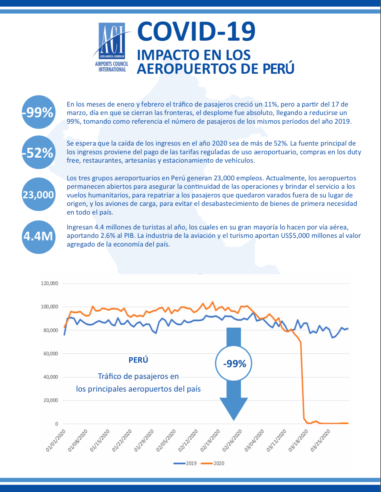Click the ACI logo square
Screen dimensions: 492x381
pyautogui.click(x=112, y=41)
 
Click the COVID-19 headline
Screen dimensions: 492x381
pyautogui.click(x=196, y=31)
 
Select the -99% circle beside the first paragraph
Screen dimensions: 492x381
pyautogui.click(x=38, y=112)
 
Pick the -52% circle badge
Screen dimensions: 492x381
pyautogui.click(x=38, y=152)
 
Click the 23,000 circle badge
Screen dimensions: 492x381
pyautogui.click(x=38, y=194)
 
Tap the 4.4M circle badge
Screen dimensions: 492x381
pyautogui.click(x=38, y=237)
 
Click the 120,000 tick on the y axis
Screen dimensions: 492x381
pyautogui.click(x=49, y=283)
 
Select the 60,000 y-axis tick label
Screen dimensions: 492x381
pyautogui.click(x=51, y=353)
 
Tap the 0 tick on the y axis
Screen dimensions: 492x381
pyautogui.click(x=56, y=424)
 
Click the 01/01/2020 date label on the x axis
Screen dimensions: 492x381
pyautogui.click(x=56, y=440)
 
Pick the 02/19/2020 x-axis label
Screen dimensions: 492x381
pyautogui.click(x=210, y=440)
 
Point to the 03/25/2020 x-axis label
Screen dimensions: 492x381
pyautogui.click(x=321, y=440)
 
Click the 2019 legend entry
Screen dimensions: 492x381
pyautogui.click(x=185, y=463)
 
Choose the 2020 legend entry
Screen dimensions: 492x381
pyautogui.click(x=213, y=463)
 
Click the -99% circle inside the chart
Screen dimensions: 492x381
pyautogui.click(x=234, y=364)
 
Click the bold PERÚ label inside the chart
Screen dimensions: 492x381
pyautogui.click(x=138, y=360)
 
